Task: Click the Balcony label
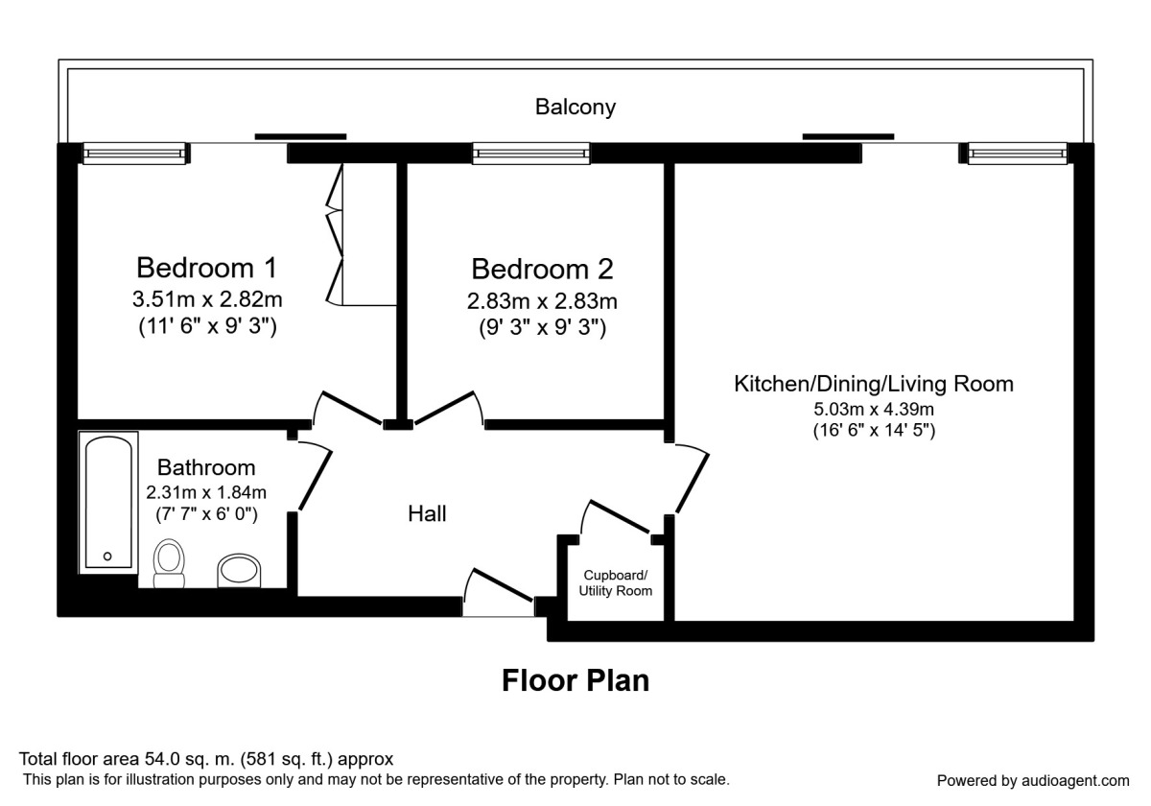pos(575,107)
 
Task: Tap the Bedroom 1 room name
pos(206,266)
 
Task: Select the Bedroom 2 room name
pos(542,268)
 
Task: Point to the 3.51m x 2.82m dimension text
pos(206,298)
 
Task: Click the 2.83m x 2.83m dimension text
pos(542,300)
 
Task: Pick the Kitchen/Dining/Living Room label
pos(873,385)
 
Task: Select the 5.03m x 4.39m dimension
pos(873,410)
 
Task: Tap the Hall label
pos(427,514)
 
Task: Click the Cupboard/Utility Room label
pos(615,582)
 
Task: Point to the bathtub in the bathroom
pos(108,502)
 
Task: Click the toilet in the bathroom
pos(170,562)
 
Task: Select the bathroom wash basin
pos(238,570)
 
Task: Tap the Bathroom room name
pos(206,468)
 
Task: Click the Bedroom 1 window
pos(132,153)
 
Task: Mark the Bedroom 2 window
pos(530,153)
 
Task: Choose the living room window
pos(1017,153)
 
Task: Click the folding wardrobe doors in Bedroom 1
pos(336,235)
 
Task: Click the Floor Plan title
pos(575,680)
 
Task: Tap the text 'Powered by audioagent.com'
pos(1032,780)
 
